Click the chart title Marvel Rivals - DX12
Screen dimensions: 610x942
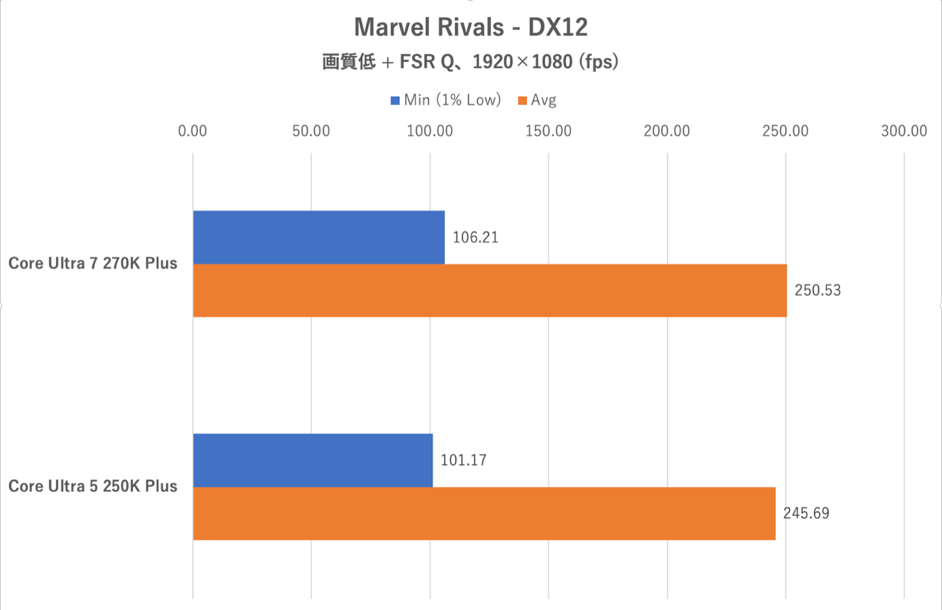pyautogui.click(x=471, y=27)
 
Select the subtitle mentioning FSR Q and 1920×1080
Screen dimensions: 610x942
pyautogui.click(x=471, y=62)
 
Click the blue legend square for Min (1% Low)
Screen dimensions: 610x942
pyautogui.click(x=395, y=101)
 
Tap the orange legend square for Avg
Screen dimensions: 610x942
pyautogui.click(x=522, y=101)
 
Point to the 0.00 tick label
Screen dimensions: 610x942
pyautogui.click(x=192, y=131)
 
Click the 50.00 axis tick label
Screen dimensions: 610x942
pyautogui.click(x=311, y=131)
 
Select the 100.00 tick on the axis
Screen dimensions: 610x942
pyautogui.click(x=430, y=131)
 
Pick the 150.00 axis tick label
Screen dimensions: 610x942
pyautogui.click(x=548, y=131)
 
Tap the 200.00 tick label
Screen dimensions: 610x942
pyautogui.click(x=667, y=131)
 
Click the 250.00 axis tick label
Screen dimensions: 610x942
pyautogui.click(x=785, y=131)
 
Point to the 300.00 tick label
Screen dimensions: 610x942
pyautogui.click(x=904, y=131)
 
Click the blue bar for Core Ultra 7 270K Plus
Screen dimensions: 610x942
pyautogui.click(x=319, y=237)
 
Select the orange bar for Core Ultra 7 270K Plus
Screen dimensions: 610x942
pyautogui.click(x=490, y=290)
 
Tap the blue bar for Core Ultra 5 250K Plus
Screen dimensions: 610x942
pyautogui.click(x=312, y=460)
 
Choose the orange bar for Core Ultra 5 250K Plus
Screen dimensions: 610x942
pyautogui.click(x=484, y=513)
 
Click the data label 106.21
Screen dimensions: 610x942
pyautogui.click(x=475, y=237)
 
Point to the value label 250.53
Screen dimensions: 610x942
pyautogui.click(x=818, y=290)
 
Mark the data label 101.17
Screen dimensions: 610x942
pyautogui.click(x=464, y=460)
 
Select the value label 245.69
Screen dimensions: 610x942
pyautogui.click(x=806, y=513)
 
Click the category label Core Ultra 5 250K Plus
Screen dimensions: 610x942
pyautogui.click(x=93, y=487)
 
